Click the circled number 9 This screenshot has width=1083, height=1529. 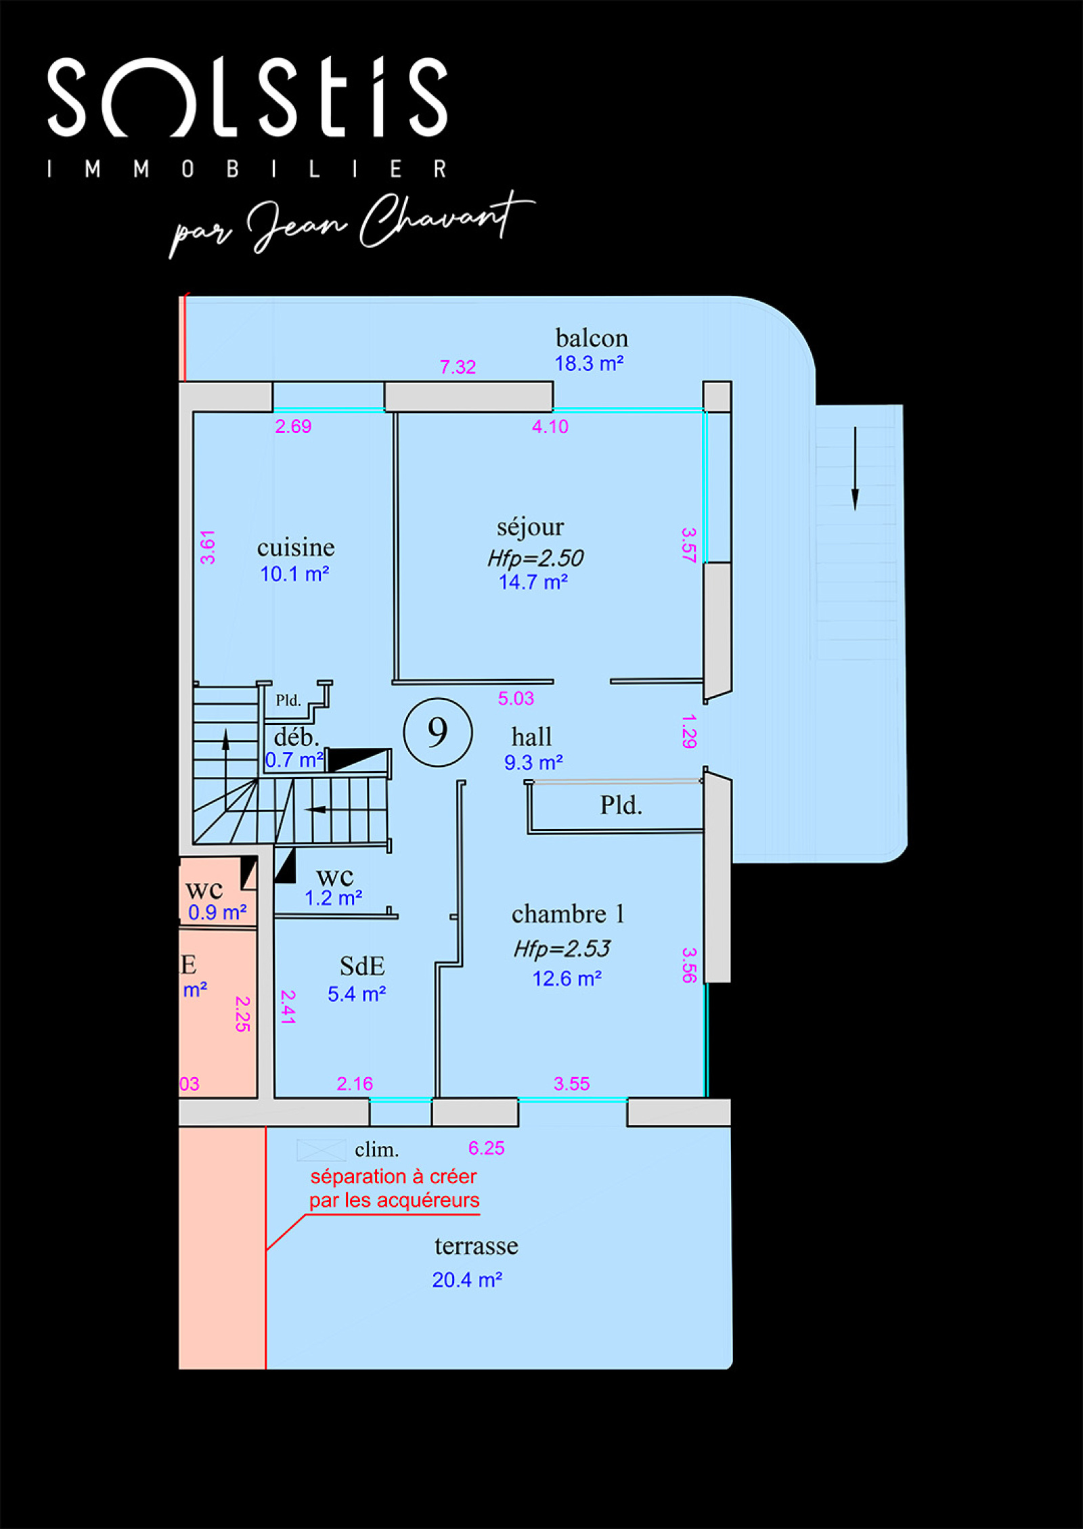[x=438, y=732]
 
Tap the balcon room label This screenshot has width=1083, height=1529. [x=592, y=338]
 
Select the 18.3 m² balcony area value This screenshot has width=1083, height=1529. [x=589, y=363]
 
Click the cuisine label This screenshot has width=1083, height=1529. [x=296, y=547]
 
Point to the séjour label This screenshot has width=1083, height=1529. [x=530, y=527]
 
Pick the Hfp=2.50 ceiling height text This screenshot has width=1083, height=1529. [x=535, y=558]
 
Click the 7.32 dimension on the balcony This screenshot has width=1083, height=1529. [x=458, y=367]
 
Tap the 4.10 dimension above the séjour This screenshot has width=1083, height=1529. [x=550, y=426]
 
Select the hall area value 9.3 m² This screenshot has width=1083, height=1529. [x=533, y=763]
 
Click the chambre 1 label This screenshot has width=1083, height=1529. [x=568, y=914]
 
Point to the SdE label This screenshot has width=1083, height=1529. [x=362, y=966]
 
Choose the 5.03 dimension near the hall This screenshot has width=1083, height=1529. [x=516, y=699]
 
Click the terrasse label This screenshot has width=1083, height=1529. [x=477, y=1246]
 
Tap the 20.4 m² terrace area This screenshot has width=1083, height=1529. [x=467, y=1280]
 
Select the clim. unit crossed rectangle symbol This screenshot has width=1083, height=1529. [x=322, y=1149]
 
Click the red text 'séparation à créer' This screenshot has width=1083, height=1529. [x=394, y=1176]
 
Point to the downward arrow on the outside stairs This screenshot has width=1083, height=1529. [x=855, y=468]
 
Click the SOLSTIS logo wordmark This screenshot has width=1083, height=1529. [x=248, y=97]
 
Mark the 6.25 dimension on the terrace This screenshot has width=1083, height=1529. [x=487, y=1148]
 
